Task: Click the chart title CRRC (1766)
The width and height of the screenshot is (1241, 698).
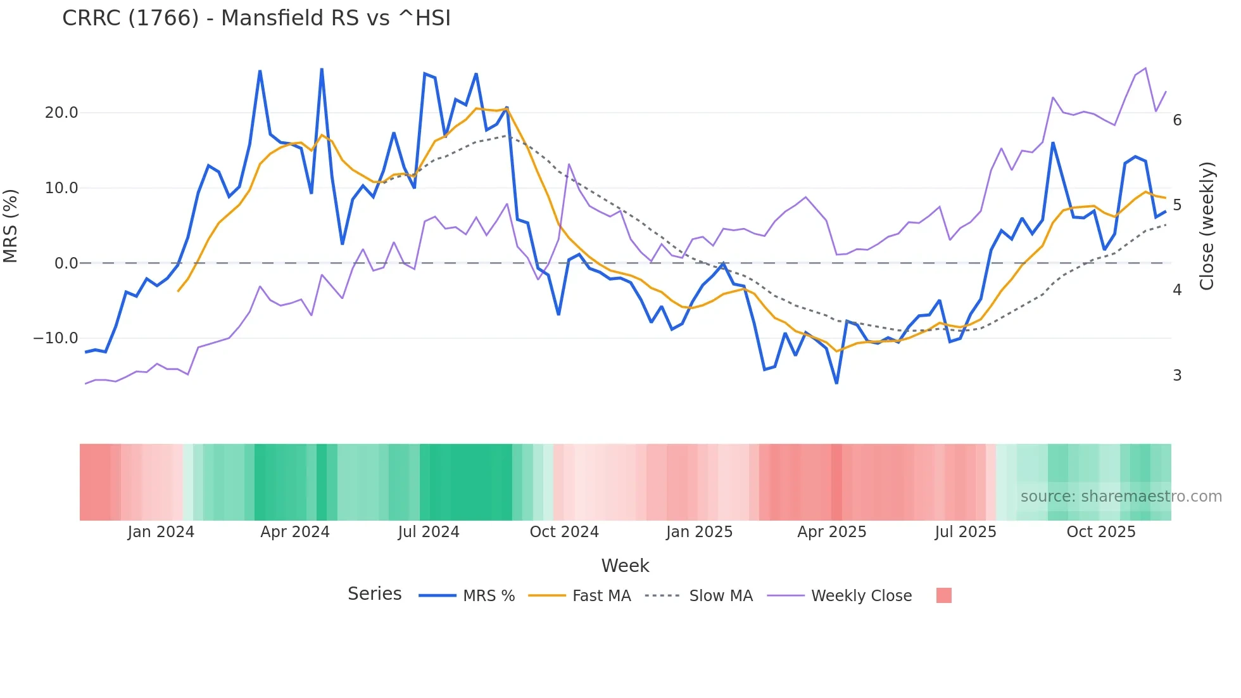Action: (256, 18)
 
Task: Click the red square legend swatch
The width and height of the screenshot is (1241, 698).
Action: (943, 595)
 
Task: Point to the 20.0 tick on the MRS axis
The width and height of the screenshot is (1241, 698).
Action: (61, 113)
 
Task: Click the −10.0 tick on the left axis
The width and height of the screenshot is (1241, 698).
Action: (56, 338)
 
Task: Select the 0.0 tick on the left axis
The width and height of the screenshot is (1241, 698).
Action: (66, 263)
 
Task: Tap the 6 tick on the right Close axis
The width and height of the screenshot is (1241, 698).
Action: (1177, 120)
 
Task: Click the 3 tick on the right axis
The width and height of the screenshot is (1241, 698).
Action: (1177, 376)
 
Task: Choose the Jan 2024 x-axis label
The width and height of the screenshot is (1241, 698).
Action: (161, 532)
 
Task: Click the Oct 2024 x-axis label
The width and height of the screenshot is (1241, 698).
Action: (564, 532)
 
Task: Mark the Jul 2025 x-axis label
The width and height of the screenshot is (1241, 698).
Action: (966, 532)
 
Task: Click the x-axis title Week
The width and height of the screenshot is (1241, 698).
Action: (625, 566)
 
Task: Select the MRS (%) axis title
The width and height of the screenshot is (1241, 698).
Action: (11, 226)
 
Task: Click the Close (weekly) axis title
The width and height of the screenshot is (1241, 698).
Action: (1207, 226)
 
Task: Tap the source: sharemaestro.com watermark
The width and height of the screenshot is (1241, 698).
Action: (1121, 497)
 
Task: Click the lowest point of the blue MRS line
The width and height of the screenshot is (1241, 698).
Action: (836, 383)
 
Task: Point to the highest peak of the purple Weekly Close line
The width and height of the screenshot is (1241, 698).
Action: (1145, 68)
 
